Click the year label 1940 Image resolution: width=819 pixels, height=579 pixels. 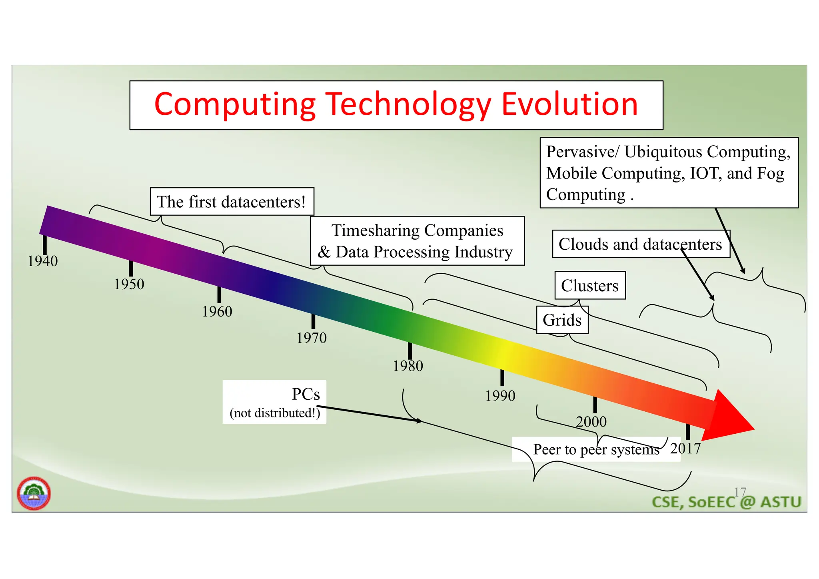42,261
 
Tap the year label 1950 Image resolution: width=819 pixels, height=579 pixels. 129,284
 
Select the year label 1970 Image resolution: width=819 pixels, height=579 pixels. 311,338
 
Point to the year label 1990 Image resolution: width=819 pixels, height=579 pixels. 500,396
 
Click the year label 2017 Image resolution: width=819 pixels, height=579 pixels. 685,449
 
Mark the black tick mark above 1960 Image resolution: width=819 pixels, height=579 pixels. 219,295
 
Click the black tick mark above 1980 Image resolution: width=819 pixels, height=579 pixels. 410,351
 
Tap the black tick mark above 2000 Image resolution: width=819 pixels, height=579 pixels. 595,405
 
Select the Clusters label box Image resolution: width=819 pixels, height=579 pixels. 590,286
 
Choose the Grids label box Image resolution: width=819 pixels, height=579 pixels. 562,320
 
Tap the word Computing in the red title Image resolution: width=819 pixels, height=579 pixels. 235,104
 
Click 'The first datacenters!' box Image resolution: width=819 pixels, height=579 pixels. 232,202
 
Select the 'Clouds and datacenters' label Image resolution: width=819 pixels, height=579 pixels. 640,244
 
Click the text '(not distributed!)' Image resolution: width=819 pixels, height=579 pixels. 275,413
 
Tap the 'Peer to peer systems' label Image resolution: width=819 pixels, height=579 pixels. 596,449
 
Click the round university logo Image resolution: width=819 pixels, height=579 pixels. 34,493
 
